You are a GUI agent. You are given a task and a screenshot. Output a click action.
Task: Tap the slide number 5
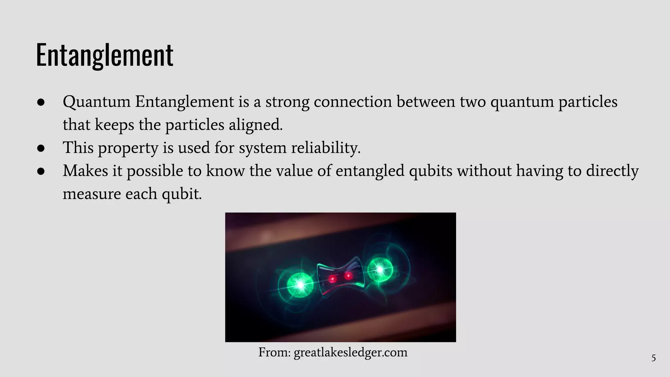(653, 358)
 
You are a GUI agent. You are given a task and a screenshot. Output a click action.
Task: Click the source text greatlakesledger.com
(350, 352)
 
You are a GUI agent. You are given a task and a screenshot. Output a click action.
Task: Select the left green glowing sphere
(300, 285)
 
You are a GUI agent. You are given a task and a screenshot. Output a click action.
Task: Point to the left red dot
(333, 279)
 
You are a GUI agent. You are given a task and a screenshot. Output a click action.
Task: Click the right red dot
(348, 276)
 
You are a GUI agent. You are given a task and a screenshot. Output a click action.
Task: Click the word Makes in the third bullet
(85, 171)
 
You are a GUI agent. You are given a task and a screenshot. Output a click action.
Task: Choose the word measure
(92, 194)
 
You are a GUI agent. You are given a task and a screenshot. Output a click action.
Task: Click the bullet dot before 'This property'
(41, 148)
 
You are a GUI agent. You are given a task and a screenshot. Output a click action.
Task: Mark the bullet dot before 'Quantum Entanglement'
(41, 102)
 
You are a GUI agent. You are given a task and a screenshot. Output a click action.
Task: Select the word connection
(353, 102)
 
